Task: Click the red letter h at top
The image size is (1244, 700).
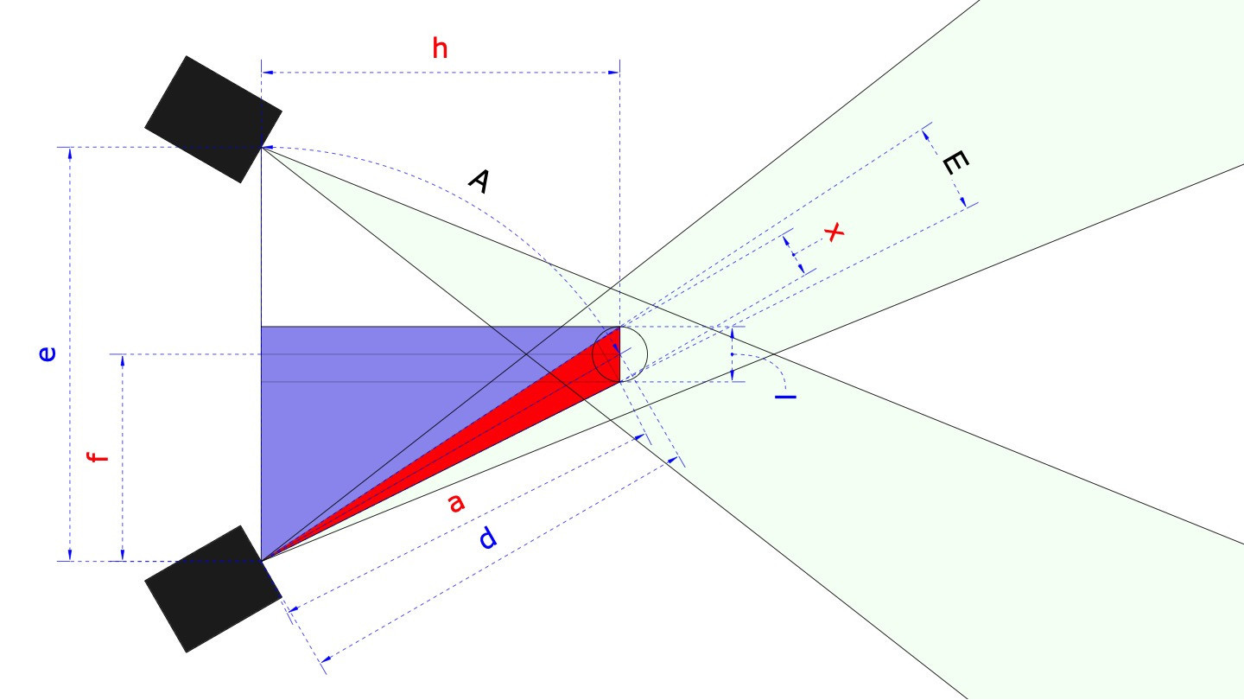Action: click(441, 49)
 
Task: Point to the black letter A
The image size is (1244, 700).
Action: click(479, 181)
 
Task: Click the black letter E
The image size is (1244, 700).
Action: click(954, 162)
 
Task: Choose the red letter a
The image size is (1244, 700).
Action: click(456, 502)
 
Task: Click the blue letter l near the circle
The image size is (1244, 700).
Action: click(785, 396)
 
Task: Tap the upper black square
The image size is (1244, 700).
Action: click(213, 119)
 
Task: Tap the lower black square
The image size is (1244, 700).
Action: click(213, 589)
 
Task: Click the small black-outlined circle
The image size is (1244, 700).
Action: click(619, 354)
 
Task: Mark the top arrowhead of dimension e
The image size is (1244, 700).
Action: click(69, 152)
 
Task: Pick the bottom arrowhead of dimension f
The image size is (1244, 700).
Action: click(123, 556)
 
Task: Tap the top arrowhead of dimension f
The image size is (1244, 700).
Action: click(123, 360)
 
